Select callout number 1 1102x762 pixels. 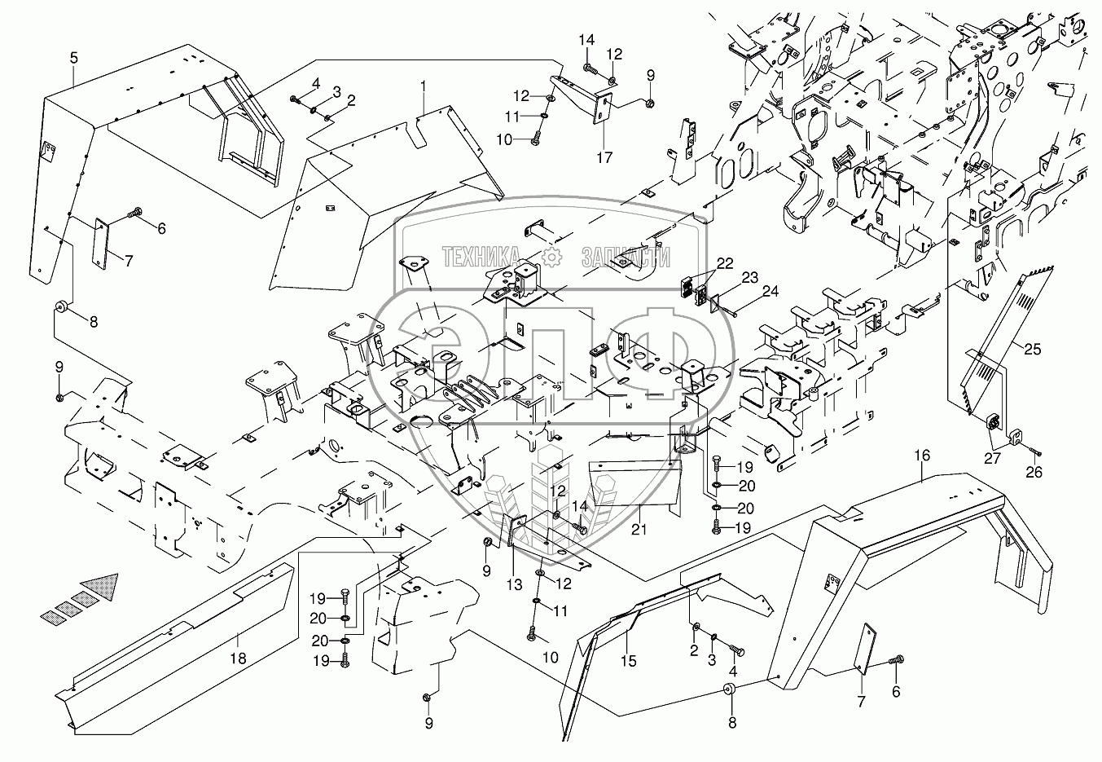pyautogui.click(x=423, y=85)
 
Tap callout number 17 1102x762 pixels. pyautogui.click(x=604, y=157)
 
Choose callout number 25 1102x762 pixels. pyautogui.click(x=1032, y=350)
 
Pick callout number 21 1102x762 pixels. pyautogui.click(x=640, y=531)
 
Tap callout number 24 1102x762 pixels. pyautogui.click(x=770, y=290)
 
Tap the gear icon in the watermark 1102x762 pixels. pyautogui.click(x=553, y=256)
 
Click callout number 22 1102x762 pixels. pyautogui.click(x=725, y=264)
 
